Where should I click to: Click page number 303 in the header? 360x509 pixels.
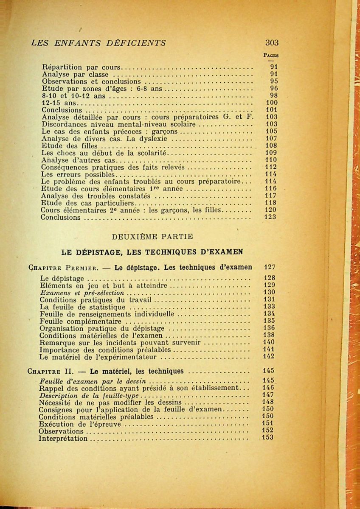point(272,43)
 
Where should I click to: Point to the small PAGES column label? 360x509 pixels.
point(271,55)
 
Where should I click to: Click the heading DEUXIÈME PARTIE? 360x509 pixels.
point(152,236)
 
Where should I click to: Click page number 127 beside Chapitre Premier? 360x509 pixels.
point(270,267)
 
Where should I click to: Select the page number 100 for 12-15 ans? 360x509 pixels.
point(271,103)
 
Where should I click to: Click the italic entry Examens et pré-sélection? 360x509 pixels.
point(82,293)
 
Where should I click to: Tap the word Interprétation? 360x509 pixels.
point(63,438)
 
